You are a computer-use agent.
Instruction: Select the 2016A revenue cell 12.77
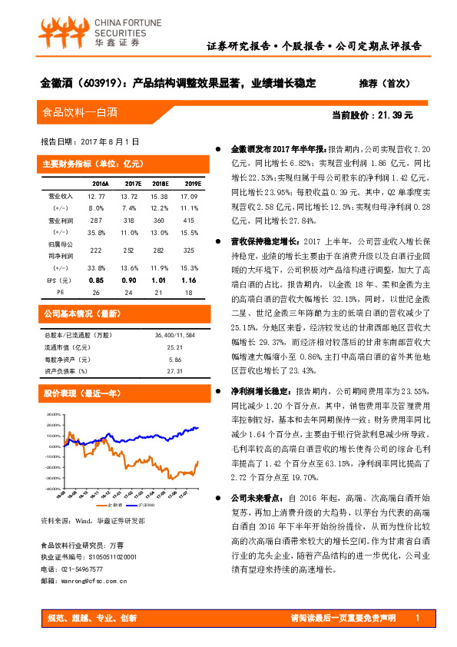[x=97, y=198]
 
